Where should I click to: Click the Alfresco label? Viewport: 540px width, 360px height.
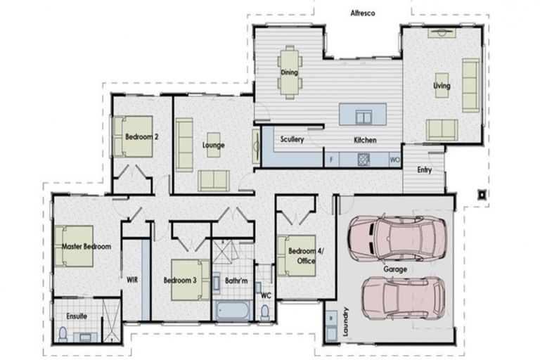(364, 13)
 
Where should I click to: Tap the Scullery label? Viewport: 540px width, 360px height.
(292, 139)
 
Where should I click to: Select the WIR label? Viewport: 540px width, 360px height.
(131, 279)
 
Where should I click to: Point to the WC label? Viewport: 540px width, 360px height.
(265, 295)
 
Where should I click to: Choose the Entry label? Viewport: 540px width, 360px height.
(425, 169)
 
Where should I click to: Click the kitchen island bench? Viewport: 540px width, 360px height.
(365, 115)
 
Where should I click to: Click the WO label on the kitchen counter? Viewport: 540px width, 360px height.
(394, 160)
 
